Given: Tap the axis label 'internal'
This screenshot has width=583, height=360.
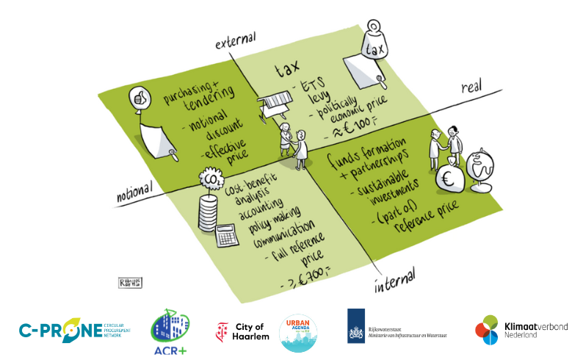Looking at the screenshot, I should (x=394, y=278).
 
